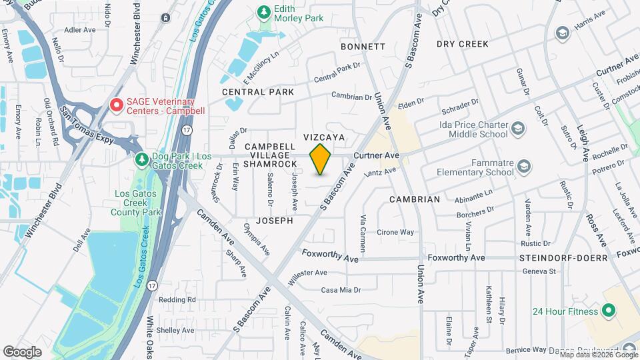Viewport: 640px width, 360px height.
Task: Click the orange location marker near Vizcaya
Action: (321, 159)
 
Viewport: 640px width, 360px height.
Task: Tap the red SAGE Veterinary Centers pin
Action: (117, 105)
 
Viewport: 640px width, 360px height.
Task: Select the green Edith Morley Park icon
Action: (265, 12)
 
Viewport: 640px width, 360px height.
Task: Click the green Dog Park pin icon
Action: (141, 159)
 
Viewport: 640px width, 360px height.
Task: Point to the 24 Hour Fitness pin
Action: (607, 311)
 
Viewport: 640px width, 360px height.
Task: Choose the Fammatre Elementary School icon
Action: (524, 166)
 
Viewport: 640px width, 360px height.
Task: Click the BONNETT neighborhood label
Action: (363, 47)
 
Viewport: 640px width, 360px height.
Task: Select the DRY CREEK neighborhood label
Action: (463, 44)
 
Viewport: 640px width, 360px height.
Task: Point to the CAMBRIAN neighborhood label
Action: (415, 199)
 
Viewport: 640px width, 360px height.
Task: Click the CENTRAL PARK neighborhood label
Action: (258, 91)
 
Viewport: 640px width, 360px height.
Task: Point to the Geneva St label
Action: (539, 271)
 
